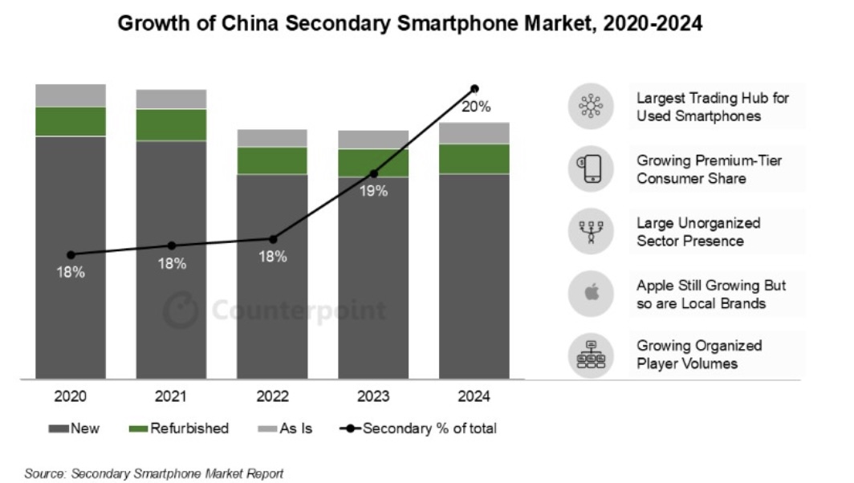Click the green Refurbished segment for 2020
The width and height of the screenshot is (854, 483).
tap(71, 121)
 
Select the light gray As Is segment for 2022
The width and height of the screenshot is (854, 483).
tap(272, 138)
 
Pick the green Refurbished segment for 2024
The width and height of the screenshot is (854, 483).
tap(474, 159)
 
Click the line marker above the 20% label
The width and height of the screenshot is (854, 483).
tap(474, 88)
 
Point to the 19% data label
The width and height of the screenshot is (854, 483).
tap(374, 191)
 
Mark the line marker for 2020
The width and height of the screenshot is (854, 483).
tap(71, 254)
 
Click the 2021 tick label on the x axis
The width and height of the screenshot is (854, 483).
tap(172, 396)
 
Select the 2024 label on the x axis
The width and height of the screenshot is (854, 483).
tap(474, 396)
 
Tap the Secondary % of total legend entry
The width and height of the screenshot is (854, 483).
tap(417, 428)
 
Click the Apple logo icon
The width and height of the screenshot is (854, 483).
tap(591, 293)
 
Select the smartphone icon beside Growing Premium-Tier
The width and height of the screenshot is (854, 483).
tap(591, 168)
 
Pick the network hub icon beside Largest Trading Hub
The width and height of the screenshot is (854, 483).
tap(591, 107)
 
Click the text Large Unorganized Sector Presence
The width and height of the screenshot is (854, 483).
tap(698, 232)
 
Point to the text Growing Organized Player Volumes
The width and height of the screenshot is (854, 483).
tap(699, 355)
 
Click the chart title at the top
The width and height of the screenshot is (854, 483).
tap(410, 24)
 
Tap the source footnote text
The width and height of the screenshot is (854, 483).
tap(153, 473)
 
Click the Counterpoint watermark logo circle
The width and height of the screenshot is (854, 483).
tap(181, 310)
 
